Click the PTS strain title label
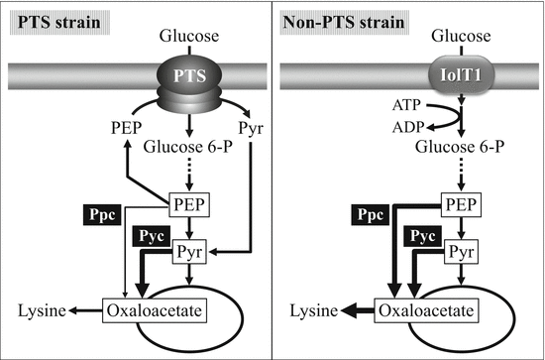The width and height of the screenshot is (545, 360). [x=54, y=21]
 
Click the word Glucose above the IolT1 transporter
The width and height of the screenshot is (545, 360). [x=462, y=37]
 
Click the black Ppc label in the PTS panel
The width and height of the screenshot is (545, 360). [x=104, y=212]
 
